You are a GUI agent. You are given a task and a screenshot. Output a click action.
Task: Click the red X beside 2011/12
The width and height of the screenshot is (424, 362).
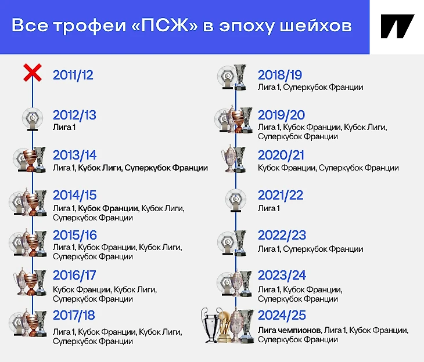(33, 73)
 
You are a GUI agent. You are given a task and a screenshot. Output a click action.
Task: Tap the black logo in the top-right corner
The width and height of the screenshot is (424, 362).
(397, 26)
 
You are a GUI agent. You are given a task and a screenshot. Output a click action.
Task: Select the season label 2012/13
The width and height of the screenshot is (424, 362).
(74, 115)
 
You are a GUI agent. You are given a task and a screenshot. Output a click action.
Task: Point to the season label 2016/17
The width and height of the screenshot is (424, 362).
(74, 276)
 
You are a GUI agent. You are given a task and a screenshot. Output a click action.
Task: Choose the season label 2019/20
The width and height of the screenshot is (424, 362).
(281, 115)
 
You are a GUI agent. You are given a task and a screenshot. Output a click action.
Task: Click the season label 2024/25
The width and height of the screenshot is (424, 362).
(282, 315)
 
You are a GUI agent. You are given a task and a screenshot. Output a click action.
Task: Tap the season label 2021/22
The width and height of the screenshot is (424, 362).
(281, 195)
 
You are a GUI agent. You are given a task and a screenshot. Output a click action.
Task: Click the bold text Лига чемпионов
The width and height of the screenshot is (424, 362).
(289, 330)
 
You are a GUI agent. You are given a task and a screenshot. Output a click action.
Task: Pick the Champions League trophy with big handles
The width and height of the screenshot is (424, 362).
(211, 325)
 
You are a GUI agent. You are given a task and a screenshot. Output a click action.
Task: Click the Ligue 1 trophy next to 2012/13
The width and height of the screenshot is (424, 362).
(33, 120)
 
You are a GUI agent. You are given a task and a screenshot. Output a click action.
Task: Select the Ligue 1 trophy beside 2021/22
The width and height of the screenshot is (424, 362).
(236, 200)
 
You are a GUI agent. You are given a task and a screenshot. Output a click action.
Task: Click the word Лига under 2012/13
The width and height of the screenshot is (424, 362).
(62, 127)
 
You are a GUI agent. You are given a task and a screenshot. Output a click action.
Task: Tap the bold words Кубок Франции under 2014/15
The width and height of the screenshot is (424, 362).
(108, 208)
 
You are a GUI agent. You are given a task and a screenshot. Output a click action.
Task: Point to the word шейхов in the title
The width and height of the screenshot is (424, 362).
(315, 26)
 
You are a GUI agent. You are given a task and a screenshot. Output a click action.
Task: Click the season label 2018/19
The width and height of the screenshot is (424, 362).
(280, 75)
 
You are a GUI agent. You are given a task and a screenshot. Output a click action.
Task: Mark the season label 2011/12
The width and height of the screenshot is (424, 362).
(73, 75)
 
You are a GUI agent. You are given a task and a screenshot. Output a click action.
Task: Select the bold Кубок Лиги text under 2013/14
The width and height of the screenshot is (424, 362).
(100, 168)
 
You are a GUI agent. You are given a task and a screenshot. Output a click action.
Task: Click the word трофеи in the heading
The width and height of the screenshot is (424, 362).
(90, 26)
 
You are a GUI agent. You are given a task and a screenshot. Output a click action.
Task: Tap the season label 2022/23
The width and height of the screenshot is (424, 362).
(282, 236)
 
